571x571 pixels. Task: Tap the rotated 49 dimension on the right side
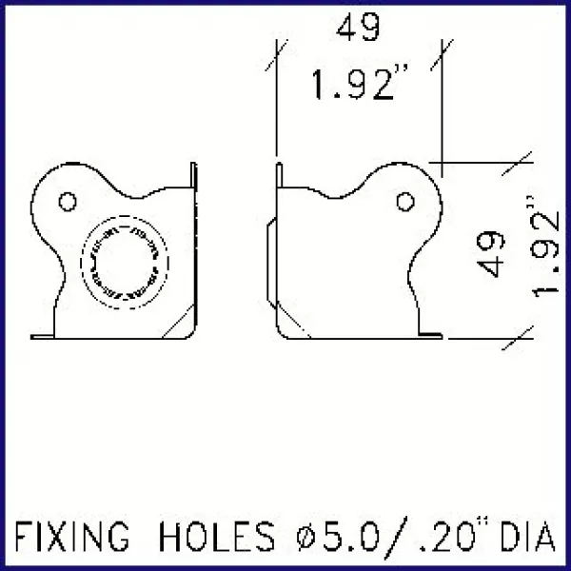coord(488,253)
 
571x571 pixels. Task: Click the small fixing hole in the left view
coord(67,201)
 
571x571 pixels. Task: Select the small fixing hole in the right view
coord(405,201)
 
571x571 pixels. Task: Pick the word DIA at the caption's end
coord(522,538)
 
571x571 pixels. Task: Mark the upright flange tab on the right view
coord(279,177)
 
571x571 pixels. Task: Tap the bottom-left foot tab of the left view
coord(42,334)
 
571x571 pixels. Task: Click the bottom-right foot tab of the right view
coord(431,334)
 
